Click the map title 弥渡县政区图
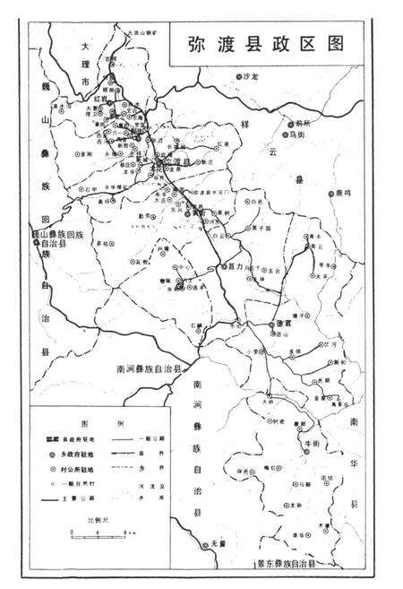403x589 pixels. point(268,45)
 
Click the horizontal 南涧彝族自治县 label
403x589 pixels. point(150,368)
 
